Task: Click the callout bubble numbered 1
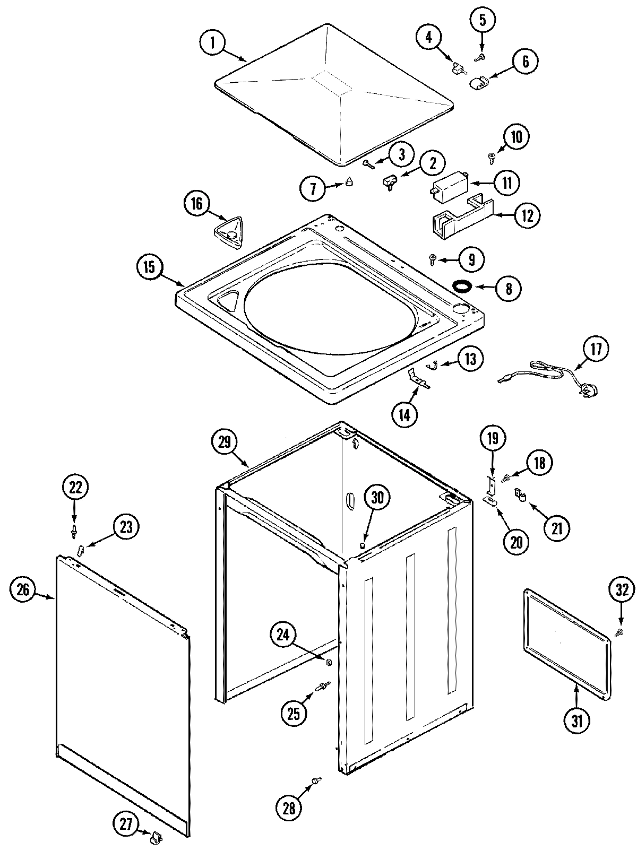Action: (213, 43)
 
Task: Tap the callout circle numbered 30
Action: (376, 498)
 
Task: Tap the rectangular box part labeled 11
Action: (449, 187)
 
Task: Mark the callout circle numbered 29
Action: (225, 441)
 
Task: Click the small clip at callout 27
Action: (156, 837)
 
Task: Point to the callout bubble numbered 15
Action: (150, 267)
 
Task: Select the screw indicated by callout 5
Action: (481, 56)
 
